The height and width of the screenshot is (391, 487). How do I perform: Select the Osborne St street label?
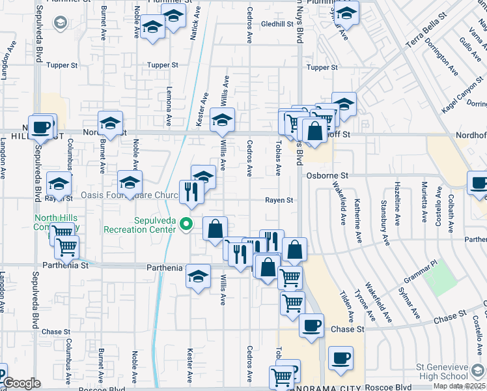(x=327, y=176)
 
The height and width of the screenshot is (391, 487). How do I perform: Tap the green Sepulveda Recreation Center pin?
(x=187, y=225)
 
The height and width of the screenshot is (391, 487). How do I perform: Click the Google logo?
(x=21, y=384)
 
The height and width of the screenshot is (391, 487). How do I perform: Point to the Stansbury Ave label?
(x=385, y=223)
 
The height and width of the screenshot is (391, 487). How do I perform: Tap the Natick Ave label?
(x=193, y=21)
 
